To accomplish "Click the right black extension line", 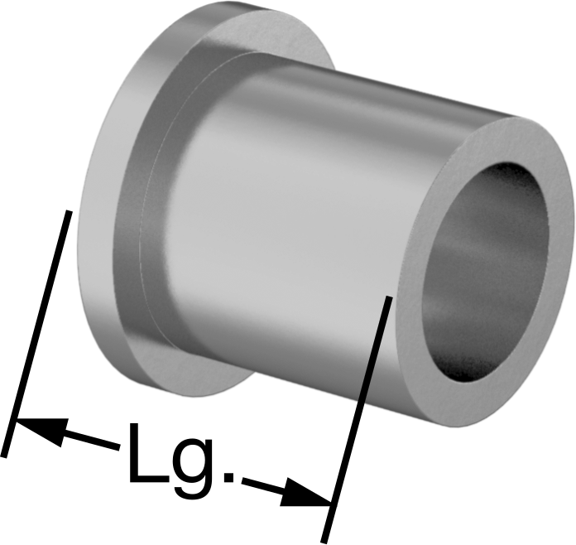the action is click(356, 419).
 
